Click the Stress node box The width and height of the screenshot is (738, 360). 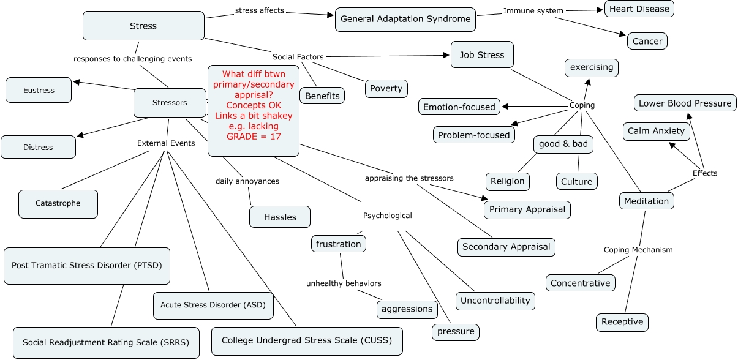(x=143, y=26)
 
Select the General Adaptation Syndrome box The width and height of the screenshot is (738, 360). (x=405, y=19)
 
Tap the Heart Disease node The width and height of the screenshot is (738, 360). (x=639, y=9)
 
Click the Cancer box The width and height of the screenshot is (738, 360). (x=647, y=41)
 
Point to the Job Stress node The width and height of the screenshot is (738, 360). (x=482, y=54)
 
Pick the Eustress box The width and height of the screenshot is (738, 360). (x=39, y=90)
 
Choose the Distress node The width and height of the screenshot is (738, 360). (x=38, y=147)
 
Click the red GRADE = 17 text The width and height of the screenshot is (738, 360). (x=254, y=136)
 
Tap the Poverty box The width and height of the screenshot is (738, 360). (x=386, y=88)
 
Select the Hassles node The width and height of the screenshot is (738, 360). (x=280, y=217)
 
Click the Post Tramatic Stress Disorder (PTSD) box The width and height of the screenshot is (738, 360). (x=86, y=266)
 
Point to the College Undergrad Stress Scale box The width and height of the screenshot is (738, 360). (x=307, y=340)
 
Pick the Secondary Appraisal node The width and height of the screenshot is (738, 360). (x=506, y=247)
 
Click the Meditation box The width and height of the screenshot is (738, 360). (x=646, y=201)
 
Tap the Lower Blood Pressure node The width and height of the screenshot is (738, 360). (x=685, y=103)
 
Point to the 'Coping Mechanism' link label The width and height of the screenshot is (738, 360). (x=638, y=249)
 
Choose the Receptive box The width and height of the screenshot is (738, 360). (x=622, y=321)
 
